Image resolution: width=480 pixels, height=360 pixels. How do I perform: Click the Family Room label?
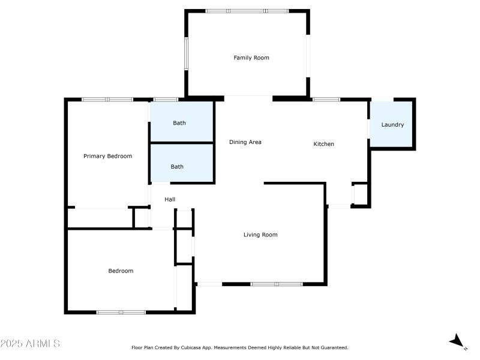point(251,58)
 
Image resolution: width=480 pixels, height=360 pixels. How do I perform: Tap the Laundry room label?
point(392,125)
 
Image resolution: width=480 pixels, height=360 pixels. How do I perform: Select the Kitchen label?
point(324,144)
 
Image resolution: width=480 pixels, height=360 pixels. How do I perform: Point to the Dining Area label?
point(245,142)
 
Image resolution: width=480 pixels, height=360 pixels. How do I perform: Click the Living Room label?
point(260,235)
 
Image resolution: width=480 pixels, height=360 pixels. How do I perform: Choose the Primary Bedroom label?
point(107,156)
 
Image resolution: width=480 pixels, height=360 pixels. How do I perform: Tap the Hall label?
point(170,199)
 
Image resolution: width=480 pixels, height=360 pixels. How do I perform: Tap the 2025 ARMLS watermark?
point(30,344)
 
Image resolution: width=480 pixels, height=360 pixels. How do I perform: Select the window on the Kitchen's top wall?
point(326,99)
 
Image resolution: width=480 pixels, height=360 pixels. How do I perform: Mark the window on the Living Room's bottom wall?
point(276,284)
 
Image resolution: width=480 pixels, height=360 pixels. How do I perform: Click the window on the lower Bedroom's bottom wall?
point(121,312)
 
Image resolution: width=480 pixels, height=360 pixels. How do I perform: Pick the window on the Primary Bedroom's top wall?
point(107,99)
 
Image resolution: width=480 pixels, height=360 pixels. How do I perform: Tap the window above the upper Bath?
point(166,99)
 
